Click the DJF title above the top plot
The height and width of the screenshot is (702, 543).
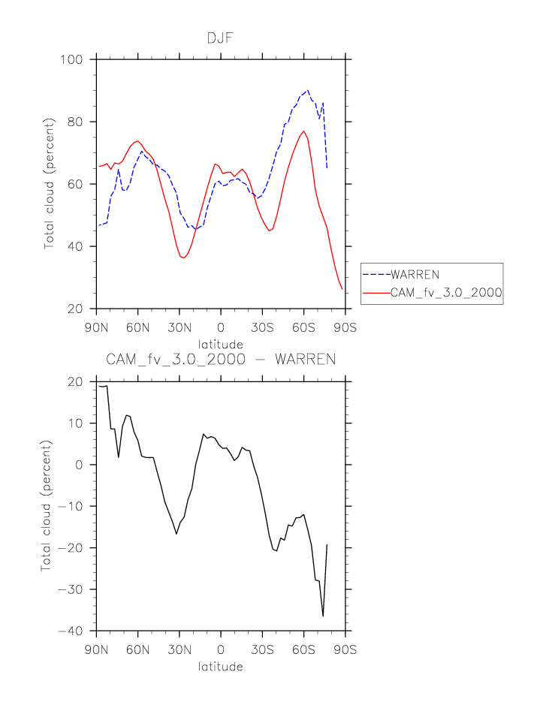(x=220, y=37)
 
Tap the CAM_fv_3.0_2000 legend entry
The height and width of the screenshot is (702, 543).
(x=445, y=293)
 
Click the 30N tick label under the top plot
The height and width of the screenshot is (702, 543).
(x=179, y=328)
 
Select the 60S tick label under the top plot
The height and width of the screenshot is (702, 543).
(x=303, y=328)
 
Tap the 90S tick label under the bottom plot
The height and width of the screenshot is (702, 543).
(x=345, y=649)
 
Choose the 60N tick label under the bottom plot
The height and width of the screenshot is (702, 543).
(x=138, y=649)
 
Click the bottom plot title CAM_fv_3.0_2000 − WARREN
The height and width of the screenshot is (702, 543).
(x=220, y=359)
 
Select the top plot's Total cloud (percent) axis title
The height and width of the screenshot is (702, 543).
(x=50, y=184)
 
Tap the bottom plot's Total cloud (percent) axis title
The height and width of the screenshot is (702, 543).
(x=47, y=506)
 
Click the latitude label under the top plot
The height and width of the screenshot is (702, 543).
(x=220, y=345)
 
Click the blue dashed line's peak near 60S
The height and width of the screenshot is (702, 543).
(x=307, y=90)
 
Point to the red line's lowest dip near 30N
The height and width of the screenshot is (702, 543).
(x=183, y=258)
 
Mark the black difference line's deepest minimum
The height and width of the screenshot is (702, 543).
(x=323, y=616)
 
